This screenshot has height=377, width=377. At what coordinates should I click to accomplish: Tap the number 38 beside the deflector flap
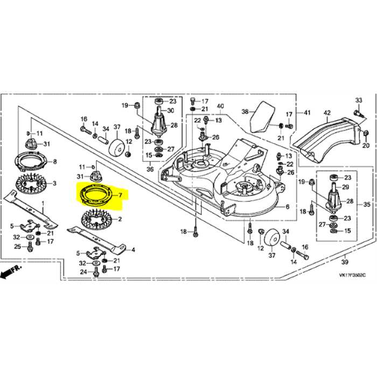[x=245, y=112]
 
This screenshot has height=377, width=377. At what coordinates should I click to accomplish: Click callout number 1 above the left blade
[x=44, y=203]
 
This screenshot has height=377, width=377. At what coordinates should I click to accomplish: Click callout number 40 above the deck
[x=220, y=107]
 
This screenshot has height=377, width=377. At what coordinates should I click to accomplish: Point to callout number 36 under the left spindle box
[x=151, y=169]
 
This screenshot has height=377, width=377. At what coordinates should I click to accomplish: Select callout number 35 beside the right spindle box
[x=367, y=205]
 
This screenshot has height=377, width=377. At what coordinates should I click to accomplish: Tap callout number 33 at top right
[x=359, y=101]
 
